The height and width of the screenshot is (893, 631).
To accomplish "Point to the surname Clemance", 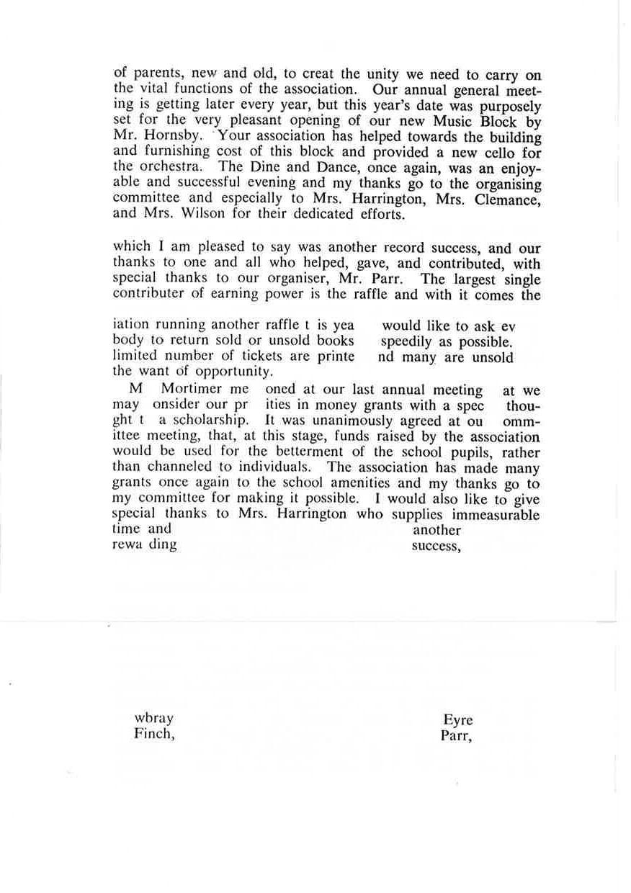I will click(506, 197).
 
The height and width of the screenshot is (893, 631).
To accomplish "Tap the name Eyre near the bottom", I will click(458, 719).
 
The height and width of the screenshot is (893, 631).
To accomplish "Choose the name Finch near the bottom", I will click(154, 735).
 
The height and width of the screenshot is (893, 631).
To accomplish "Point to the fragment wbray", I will click(154, 719).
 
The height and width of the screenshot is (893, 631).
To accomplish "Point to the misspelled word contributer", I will click(148, 295).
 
